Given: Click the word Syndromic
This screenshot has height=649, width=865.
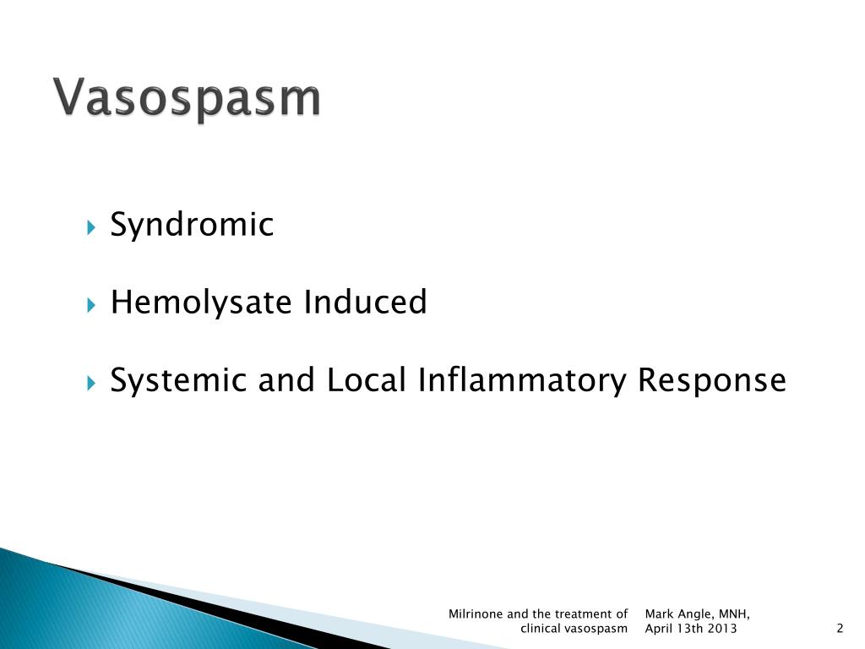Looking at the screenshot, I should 192,226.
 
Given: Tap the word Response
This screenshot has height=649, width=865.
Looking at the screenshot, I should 711,380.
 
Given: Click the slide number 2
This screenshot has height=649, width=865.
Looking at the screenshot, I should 840,629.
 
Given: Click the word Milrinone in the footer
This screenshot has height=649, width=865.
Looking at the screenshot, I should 476,614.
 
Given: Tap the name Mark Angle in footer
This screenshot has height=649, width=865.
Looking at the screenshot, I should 678,614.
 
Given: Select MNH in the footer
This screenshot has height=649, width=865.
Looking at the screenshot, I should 733,614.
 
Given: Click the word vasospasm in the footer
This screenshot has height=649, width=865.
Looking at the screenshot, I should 596,629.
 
